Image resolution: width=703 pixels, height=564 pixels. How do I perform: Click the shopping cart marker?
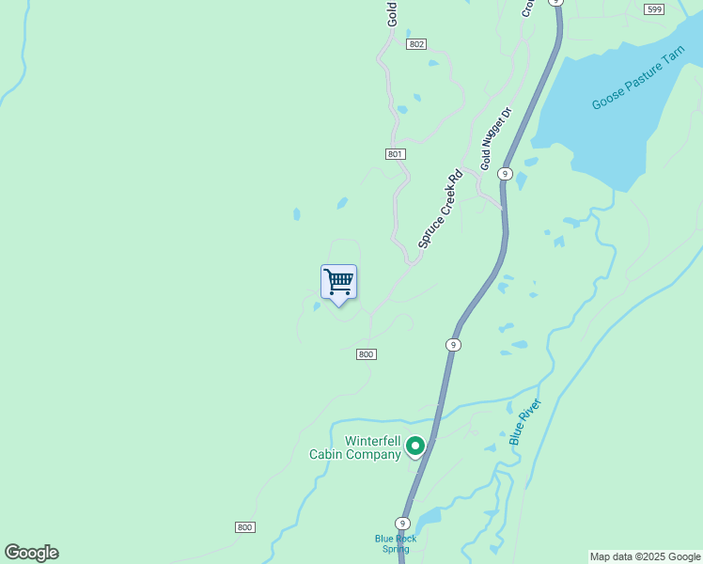tap(338, 281)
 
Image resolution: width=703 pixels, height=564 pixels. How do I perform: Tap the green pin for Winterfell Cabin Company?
tap(414, 446)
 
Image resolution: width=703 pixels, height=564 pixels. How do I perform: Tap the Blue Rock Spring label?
tap(396, 543)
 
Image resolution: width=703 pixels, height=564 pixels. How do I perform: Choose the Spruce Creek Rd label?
tap(441, 209)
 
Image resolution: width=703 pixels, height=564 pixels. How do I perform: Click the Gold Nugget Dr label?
tap(495, 139)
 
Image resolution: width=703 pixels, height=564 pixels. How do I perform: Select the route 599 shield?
tap(655, 9)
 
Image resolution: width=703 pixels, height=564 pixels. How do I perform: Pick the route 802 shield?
tap(417, 44)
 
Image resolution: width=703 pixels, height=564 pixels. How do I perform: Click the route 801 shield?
tap(395, 154)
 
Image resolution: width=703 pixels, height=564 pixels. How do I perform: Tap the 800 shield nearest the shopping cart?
tap(367, 354)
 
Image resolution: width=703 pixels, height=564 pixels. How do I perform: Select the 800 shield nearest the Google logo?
tap(244, 527)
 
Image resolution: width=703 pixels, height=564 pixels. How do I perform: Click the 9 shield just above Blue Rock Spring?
tap(402, 524)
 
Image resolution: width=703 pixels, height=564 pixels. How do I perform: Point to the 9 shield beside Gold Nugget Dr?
tap(505, 174)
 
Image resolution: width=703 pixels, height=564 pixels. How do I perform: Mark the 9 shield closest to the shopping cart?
tap(453, 345)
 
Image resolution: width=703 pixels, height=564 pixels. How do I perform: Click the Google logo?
tap(31, 553)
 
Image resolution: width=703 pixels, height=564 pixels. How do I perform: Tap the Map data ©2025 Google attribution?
tap(645, 556)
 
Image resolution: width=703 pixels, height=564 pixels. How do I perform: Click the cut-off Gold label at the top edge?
tap(392, 12)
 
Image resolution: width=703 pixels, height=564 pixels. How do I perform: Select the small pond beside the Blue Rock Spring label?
tap(429, 518)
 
